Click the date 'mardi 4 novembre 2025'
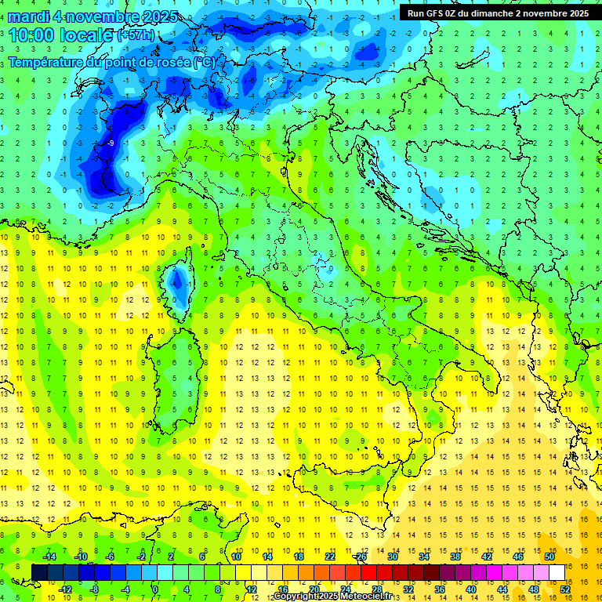tap(92, 17)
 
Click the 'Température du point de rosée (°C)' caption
tap(111, 62)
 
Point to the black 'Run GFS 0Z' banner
tap(498, 13)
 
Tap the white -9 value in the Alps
tap(112, 143)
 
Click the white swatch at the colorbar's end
tap(557, 572)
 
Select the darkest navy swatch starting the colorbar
tap(39, 572)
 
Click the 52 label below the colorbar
tap(565, 589)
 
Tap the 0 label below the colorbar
tap(155, 589)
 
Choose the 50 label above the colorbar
tap(549, 557)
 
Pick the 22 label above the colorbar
tap(330, 557)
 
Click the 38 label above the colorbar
tap(455, 557)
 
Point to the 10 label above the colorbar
tap(236, 557)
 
